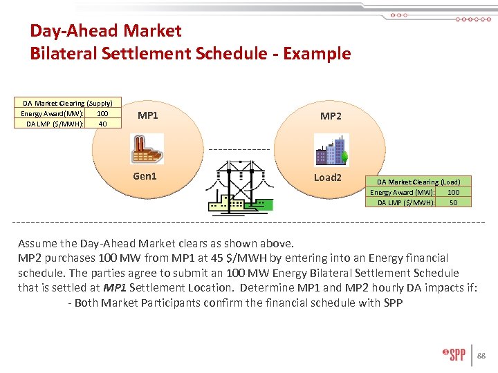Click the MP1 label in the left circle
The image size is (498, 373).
148,115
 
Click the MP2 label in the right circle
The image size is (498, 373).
331,116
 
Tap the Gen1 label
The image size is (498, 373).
145,176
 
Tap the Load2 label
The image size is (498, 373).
328,178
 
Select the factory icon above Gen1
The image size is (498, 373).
147,148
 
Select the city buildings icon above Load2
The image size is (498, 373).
331,149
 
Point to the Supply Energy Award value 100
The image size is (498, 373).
102,113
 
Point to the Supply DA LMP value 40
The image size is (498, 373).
102,124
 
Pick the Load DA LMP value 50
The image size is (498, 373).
453,202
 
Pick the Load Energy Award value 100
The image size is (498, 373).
453,192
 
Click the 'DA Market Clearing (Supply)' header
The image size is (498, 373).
67,103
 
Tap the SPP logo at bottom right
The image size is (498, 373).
454,355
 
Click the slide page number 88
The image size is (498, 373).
481,356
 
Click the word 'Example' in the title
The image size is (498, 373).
317,53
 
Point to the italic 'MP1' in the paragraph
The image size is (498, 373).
115,287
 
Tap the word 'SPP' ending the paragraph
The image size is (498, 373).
392,303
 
